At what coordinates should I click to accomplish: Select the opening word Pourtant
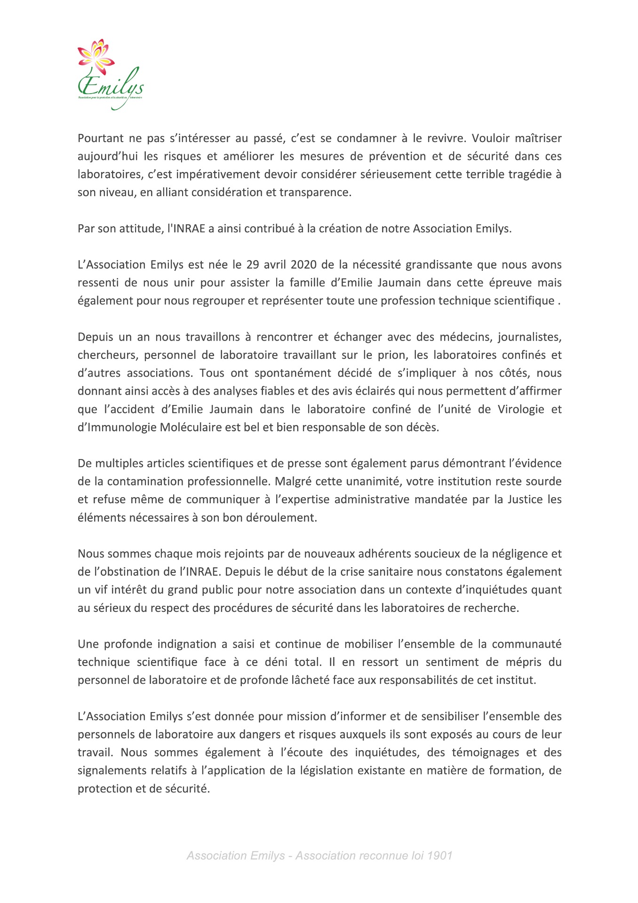tap(100, 138)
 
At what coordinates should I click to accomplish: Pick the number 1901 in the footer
tap(439, 855)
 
